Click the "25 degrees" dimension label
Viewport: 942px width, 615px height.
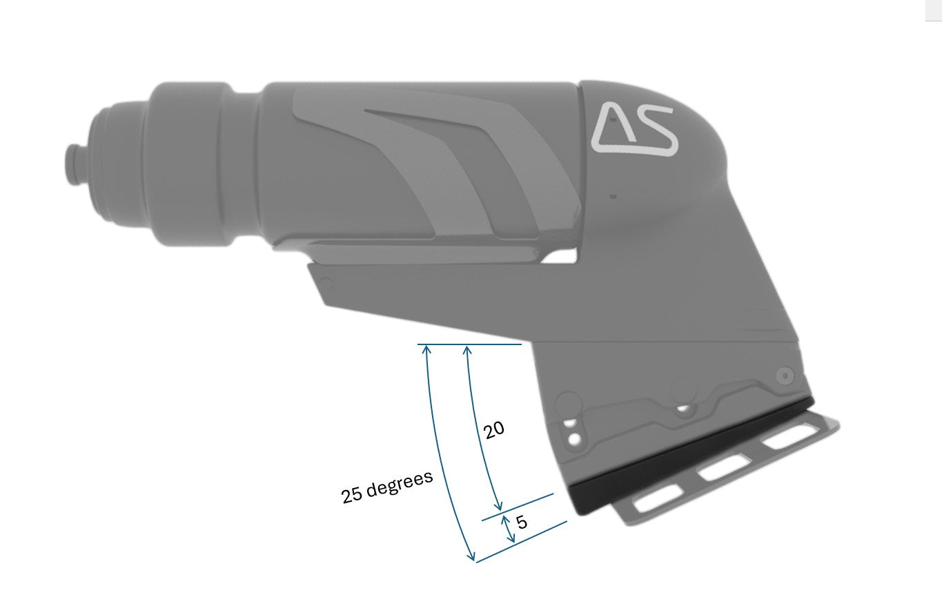click(x=386, y=487)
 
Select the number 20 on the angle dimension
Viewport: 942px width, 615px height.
click(x=493, y=431)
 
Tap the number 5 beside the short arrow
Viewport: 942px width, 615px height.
click(x=522, y=523)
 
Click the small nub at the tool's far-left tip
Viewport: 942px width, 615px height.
click(x=70, y=162)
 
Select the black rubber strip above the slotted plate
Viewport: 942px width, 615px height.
click(x=690, y=456)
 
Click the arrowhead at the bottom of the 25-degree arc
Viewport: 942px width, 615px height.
click(x=472, y=556)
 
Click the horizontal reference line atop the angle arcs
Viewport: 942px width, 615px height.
click(x=469, y=344)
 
